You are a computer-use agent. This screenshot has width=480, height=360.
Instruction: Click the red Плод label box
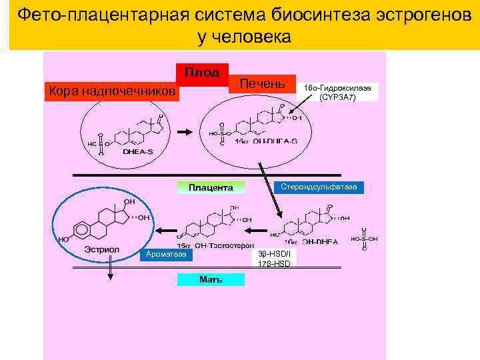tap(201, 72)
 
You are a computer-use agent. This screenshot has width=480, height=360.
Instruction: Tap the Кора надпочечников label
tap(111, 91)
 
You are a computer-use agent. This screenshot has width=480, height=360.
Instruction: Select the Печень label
tap(262, 84)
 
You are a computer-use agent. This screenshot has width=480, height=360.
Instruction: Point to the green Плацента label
tap(211, 187)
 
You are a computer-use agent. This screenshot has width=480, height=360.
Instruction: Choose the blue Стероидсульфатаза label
tap(319, 187)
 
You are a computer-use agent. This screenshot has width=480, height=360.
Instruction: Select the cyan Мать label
tap(211, 279)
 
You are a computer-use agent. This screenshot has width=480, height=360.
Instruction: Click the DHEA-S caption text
tap(137, 151)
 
